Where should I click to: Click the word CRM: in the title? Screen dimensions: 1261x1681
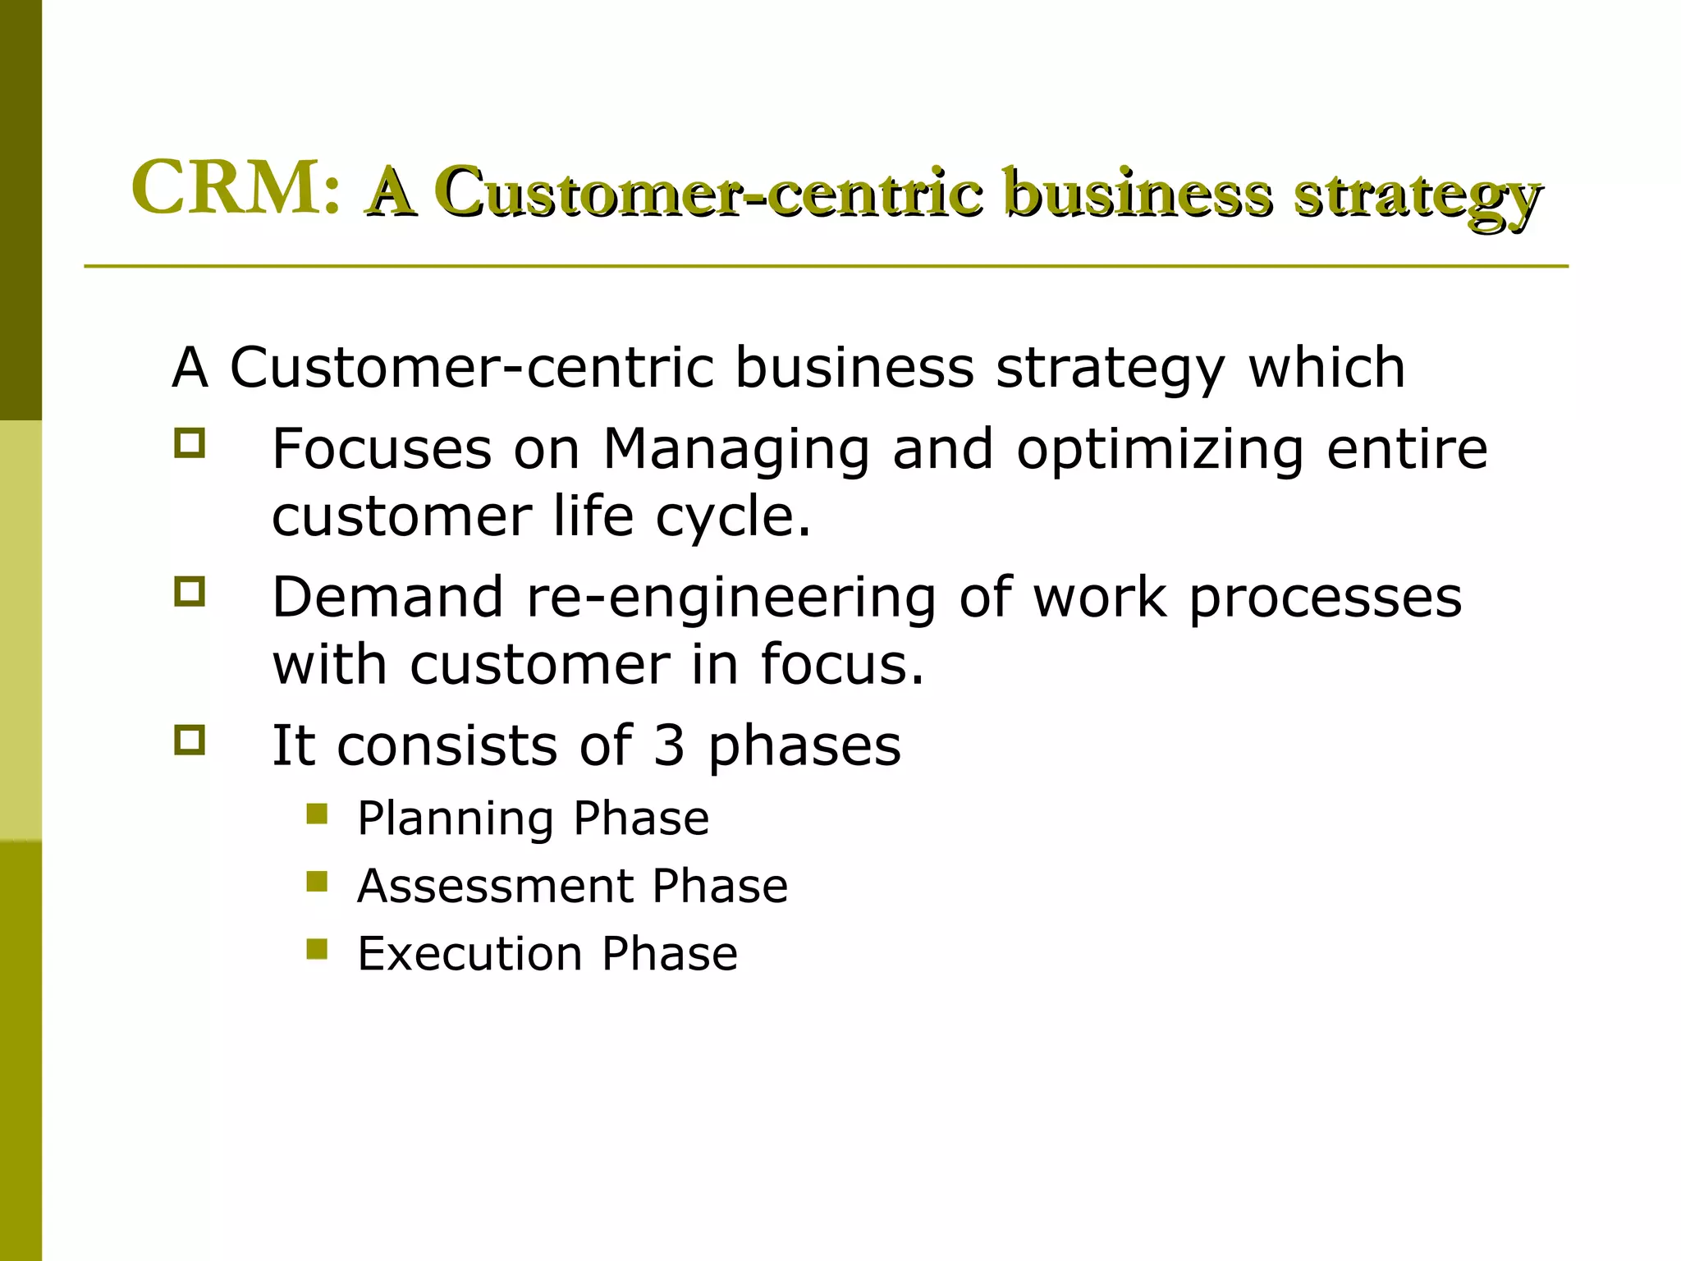pos(236,188)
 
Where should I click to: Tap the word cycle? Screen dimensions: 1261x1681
pos(733,519)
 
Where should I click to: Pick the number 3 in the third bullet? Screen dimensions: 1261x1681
pos(669,745)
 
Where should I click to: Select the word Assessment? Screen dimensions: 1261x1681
pos(494,886)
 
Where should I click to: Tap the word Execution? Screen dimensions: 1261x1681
pos(469,953)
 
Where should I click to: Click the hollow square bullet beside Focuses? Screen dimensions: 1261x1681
pos(189,443)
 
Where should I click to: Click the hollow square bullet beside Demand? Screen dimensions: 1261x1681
pos(189,591)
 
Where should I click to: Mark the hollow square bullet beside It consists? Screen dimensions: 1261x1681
pos(189,740)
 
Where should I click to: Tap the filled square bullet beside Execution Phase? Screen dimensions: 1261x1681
pos(317,949)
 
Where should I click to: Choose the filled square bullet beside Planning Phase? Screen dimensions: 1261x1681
pos(317,814)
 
